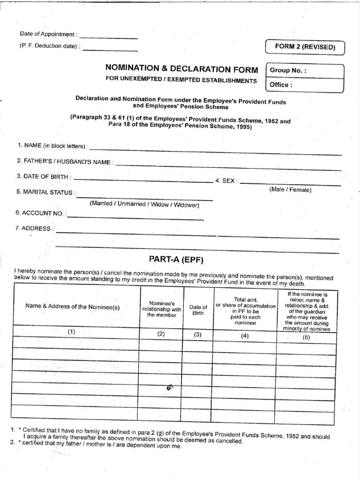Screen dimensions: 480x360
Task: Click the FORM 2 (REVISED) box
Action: pyautogui.click(x=305, y=47)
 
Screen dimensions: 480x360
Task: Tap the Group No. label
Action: pyautogui.click(x=288, y=71)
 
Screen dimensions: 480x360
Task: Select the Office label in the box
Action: pyautogui.click(x=281, y=85)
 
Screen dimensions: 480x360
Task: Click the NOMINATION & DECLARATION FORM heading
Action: pyautogui.click(x=182, y=70)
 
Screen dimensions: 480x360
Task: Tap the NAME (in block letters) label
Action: pyautogui.click(x=52, y=146)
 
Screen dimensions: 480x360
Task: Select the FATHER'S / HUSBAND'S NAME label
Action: pyautogui.click(x=65, y=162)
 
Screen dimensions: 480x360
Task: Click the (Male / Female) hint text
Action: pyautogui.click(x=290, y=190)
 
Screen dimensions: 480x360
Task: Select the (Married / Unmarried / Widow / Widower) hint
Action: pyautogui.click(x=145, y=205)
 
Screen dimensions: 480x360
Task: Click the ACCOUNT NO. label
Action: pyautogui.click(x=41, y=213)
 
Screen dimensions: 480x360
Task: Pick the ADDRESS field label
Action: pyautogui.click(x=34, y=229)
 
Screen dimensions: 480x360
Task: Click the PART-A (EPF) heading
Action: pyautogui.click(x=176, y=259)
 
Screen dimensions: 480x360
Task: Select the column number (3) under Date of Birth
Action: pyautogui.click(x=198, y=334)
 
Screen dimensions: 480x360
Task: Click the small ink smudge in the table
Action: pyautogui.click(x=169, y=388)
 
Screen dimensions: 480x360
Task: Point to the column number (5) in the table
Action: pyautogui.click(x=307, y=337)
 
